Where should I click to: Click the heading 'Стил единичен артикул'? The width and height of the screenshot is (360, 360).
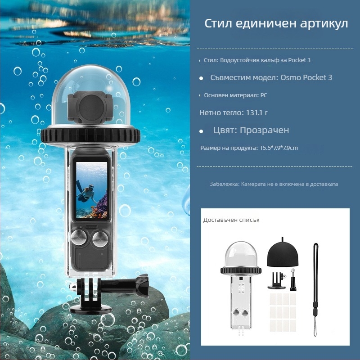pyautogui.click(x=276, y=24)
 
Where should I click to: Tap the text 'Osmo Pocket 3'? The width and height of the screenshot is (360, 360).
pyautogui.click(x=306, y=77)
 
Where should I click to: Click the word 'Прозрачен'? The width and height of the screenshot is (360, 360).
pyautogui.click(x=264, y=130)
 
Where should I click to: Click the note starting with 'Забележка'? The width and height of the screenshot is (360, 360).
pyautogui.click(x=274, y=184)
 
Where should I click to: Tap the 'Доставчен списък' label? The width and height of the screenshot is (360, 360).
pyautogui.click(x=231, y=220)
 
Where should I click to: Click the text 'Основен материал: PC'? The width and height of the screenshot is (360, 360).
pyautogui.click(x=236, y=95)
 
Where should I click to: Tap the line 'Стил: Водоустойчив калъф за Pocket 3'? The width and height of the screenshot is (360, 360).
pyautogui.click(x=257, y=60)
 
